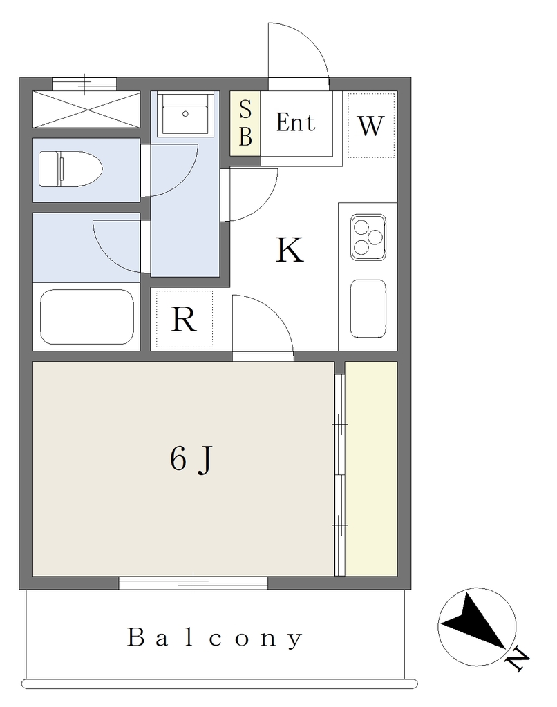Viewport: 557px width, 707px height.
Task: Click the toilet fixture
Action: pos(70,169)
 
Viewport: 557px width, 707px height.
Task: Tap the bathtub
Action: pos(87,317)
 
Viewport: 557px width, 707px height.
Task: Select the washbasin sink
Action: pos(185,114)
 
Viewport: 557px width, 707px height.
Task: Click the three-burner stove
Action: pos(368,238)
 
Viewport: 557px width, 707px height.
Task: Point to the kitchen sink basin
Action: pos(368,309)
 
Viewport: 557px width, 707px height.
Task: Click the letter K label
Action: pos(290,250)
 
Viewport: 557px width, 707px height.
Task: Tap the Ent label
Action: pos(296,122)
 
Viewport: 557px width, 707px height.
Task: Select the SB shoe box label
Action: pos(245,123)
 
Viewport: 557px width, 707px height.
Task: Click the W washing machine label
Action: pos(370,126)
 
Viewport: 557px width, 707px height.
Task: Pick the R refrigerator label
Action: pos(184,320)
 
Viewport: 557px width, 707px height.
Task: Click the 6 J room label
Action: pos(191,459)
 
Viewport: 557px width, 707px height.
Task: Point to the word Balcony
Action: pos(214,638)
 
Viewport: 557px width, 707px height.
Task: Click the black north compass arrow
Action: pos(474,623)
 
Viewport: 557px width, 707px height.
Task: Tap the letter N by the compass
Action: pos(518,660)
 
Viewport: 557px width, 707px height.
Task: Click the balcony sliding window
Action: pos(193,583)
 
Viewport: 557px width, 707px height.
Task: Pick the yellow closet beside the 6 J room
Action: pos(371,469)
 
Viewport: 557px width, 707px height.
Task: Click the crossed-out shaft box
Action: pos(86,110)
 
